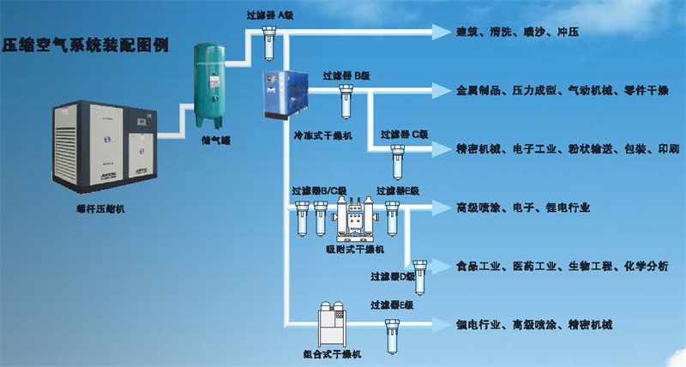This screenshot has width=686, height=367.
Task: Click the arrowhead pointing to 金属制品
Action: pyautogui.click(x=440, y=90)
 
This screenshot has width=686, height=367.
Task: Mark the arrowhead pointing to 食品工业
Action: pyautogui.click(x=440, y=267)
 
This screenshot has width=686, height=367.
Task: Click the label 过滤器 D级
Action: pyautogui.click(x=394, y=276)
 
